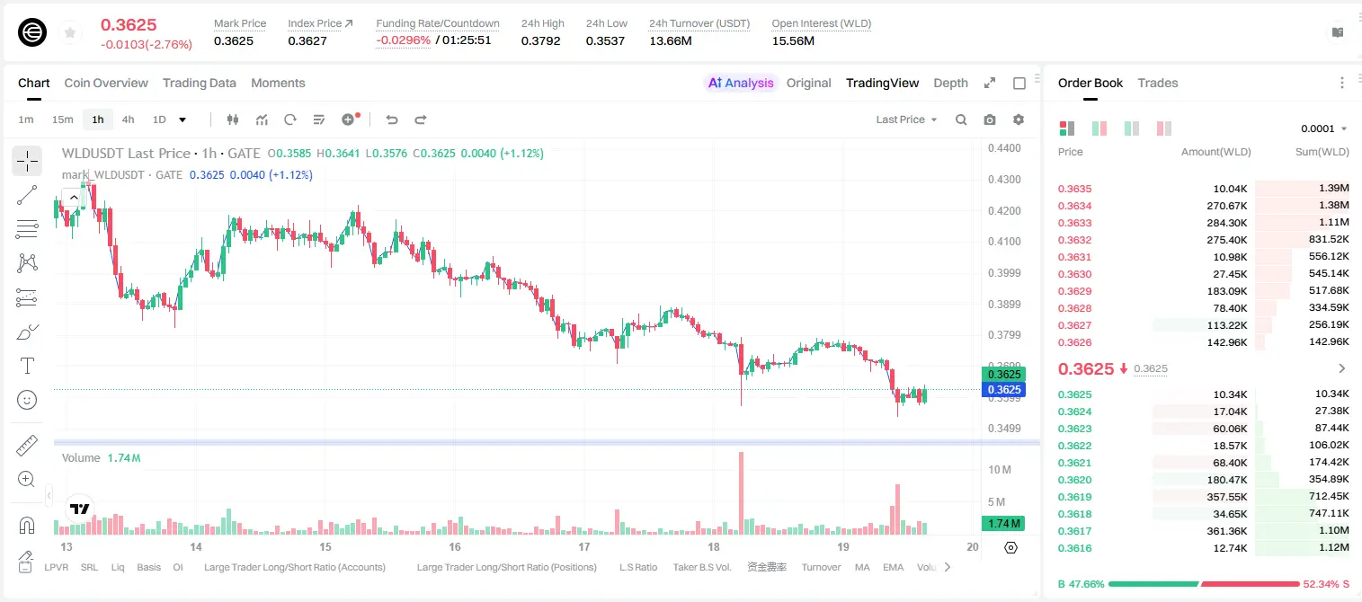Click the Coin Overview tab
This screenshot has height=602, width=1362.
[106, 83]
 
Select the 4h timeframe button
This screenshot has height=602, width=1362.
[128, 120]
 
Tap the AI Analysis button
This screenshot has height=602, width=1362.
[741, 83]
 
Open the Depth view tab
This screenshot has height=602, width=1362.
[950, 83]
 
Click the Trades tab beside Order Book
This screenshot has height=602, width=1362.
[1157, 83]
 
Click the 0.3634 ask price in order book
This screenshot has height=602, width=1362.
[1074, 206]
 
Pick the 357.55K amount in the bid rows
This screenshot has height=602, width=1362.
[1226, 497]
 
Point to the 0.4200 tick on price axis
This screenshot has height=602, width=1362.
[1004, 211]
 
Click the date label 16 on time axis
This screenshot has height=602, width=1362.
[455, 546]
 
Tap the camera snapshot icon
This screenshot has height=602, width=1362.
[990, 120]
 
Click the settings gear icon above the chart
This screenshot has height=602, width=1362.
[1019, 120]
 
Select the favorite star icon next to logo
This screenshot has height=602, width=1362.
[70, 32]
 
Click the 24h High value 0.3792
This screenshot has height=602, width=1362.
[540, 40]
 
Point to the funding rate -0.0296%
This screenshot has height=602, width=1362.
[403, 40]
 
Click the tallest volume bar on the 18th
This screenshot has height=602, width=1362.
[741, 492]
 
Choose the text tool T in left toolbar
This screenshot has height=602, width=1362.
[27, 366]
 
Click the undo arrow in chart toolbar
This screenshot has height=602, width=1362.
[392, 120]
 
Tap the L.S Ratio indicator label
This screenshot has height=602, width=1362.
[637, 567]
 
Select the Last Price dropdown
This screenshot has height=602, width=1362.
[906, 120]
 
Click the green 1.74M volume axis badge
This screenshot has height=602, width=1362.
[1003, 523]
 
